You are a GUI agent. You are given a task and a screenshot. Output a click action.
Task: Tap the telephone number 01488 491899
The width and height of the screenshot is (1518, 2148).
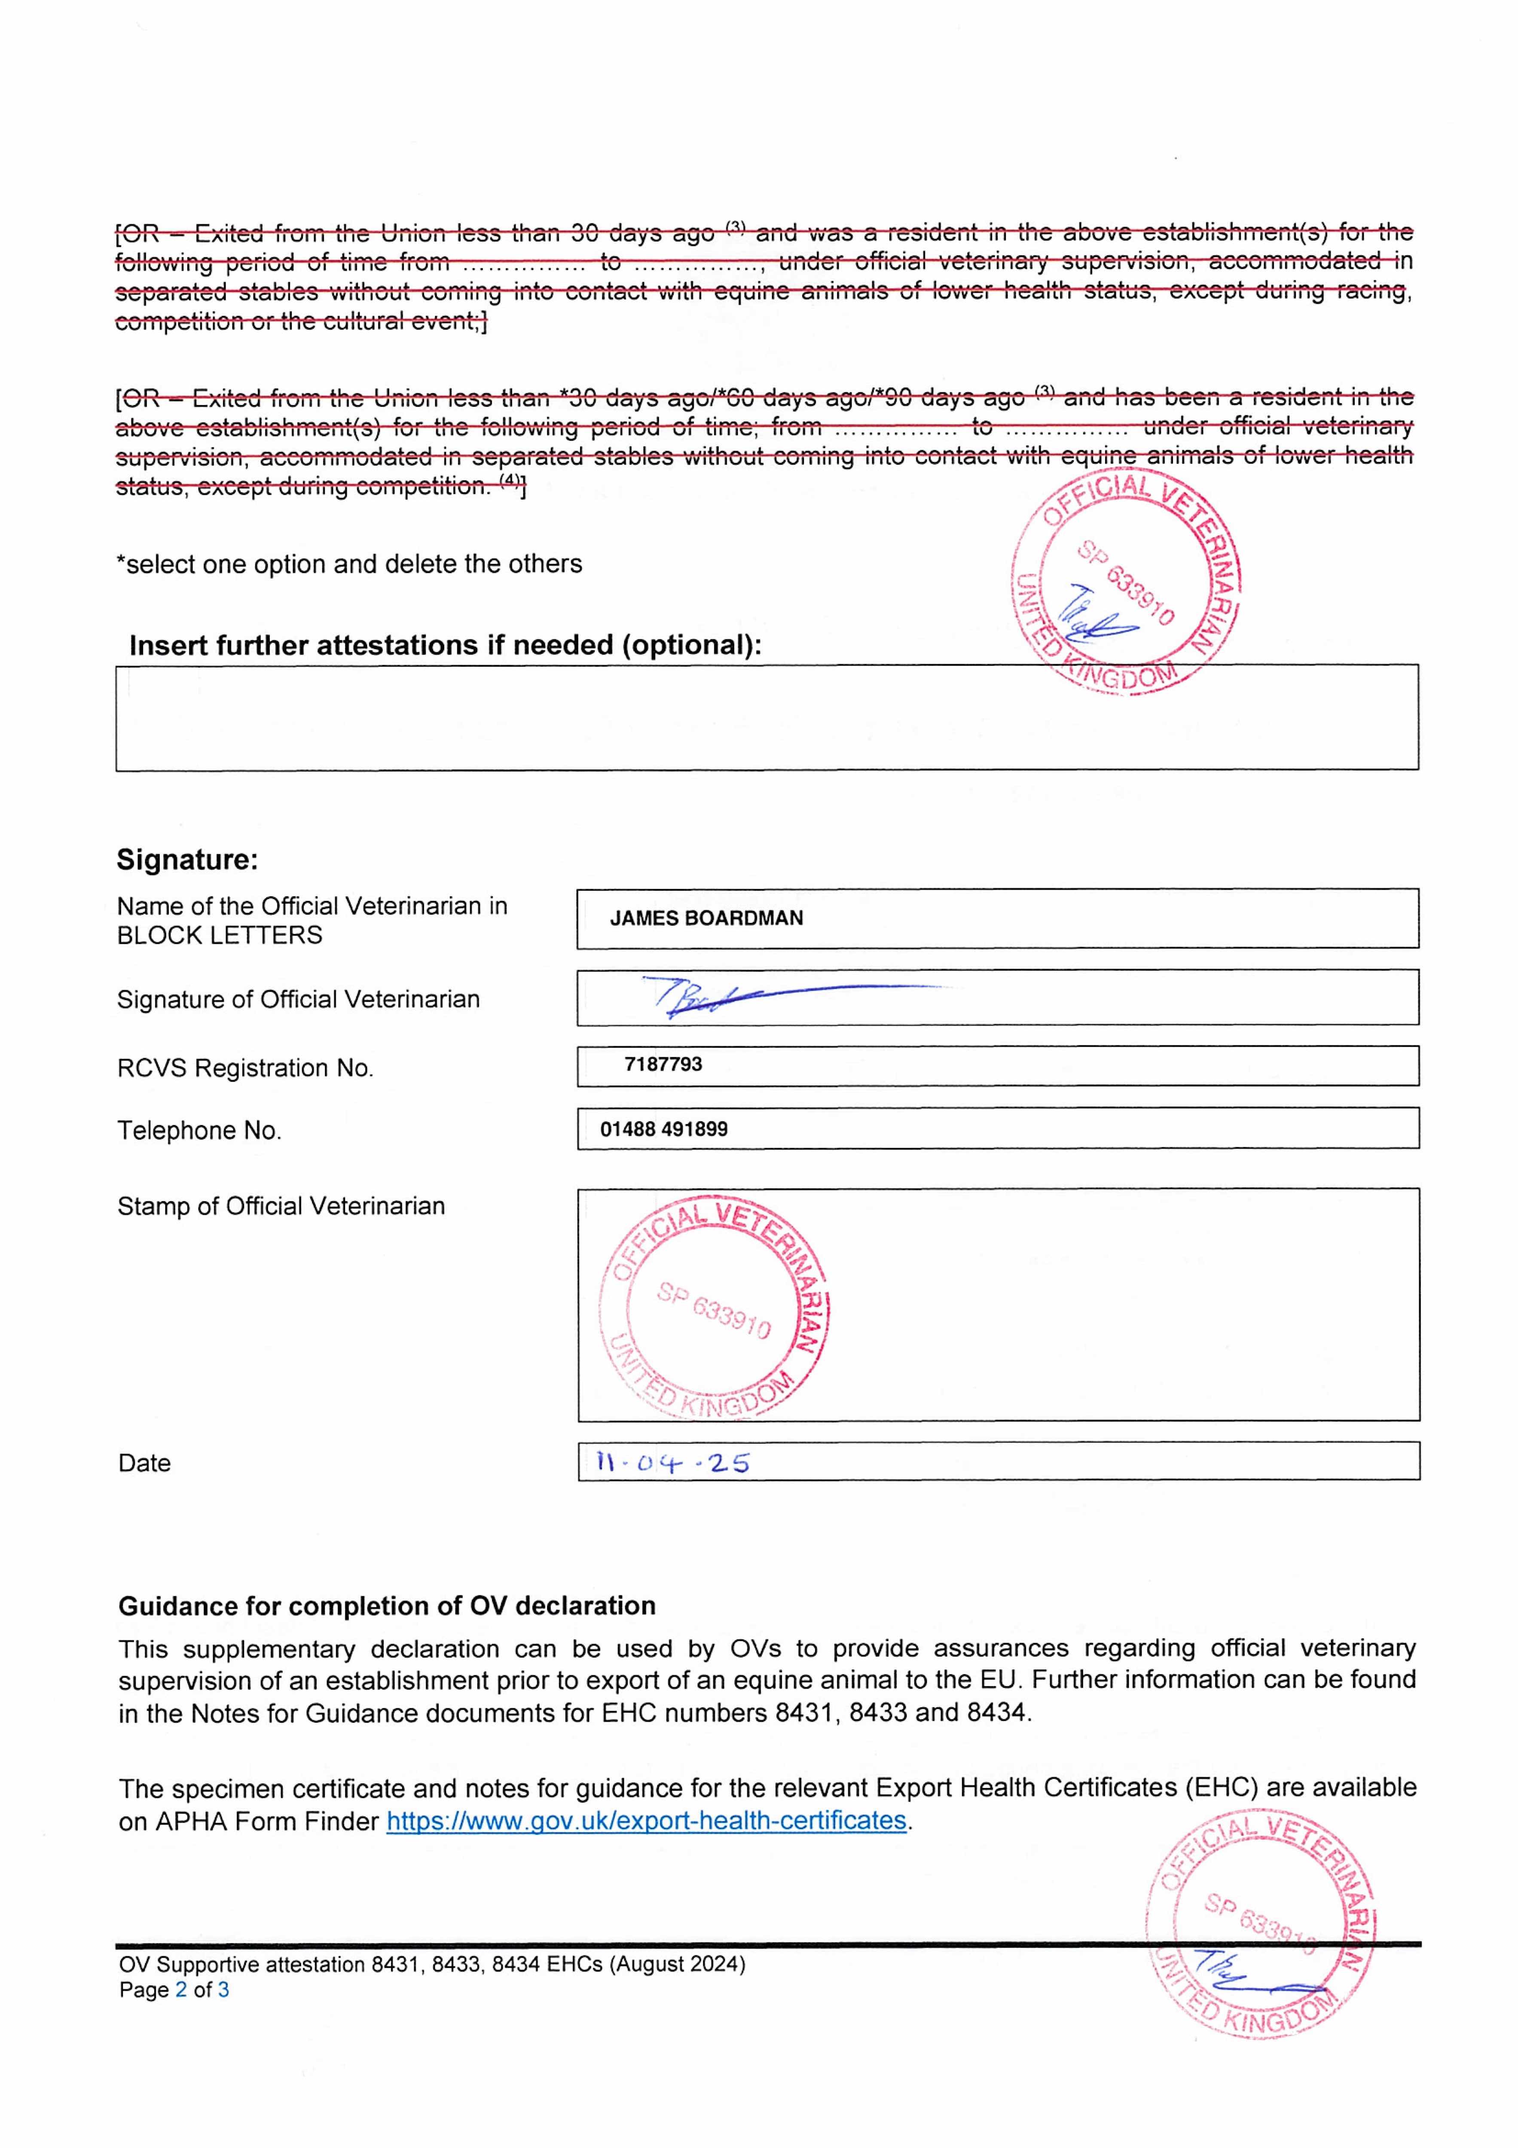coord(663,1129)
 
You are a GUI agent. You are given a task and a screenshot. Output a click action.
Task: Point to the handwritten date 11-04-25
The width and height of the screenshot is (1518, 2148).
coord(672,1462)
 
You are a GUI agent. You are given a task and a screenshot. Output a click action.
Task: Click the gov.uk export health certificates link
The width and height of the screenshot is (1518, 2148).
coord(646,1821)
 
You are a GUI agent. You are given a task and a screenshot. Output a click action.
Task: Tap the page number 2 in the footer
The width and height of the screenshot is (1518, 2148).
coord(180,1990)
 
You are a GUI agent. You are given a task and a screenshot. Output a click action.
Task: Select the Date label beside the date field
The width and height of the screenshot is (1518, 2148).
coord(144,1463)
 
